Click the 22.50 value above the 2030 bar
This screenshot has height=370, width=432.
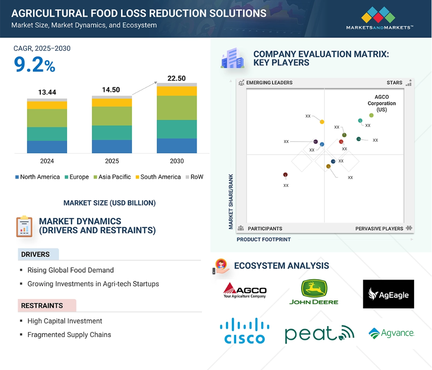coord(177,78)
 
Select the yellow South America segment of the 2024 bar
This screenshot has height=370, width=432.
coord(47,105)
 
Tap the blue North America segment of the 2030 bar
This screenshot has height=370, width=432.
coord(177,146)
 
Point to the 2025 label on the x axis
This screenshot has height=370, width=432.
coord(112,161)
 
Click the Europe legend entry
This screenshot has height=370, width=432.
coord(77,177)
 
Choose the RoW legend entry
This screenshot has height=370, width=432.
coord(195,177)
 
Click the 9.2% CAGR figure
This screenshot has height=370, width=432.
coord(34,64)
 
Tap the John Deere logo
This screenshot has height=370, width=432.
coord(314,292)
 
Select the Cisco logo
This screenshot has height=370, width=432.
coord(245,331)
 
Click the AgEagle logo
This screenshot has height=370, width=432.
coord(389,294)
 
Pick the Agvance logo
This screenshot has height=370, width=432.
coord(391,333)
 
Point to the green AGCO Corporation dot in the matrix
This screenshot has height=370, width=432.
coord(371,116)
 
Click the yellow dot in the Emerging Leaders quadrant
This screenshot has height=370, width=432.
coord(322,122)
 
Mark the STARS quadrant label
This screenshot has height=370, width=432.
coord(394,83)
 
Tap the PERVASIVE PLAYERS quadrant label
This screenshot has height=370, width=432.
coord(379,229)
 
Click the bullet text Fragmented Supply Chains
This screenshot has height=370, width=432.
coord(69,335)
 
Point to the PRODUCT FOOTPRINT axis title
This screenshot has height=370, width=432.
coord(263,239)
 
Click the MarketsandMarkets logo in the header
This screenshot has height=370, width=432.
coord(379,18)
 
